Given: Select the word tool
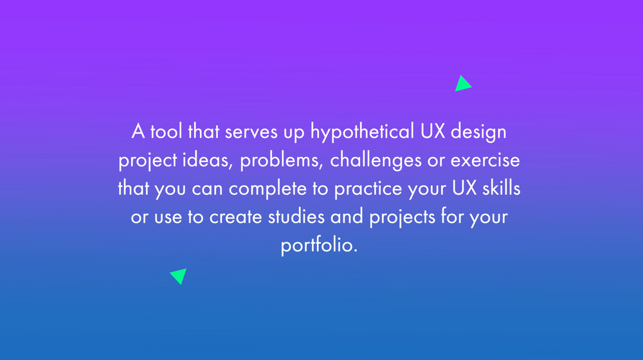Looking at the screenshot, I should tap(167, 132).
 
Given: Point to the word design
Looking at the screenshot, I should tap(478, 132).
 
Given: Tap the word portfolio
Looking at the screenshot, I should tap(318, 246).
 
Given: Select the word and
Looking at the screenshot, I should tap(348, 217).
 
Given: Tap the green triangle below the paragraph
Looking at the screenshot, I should tap(179, 275).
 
